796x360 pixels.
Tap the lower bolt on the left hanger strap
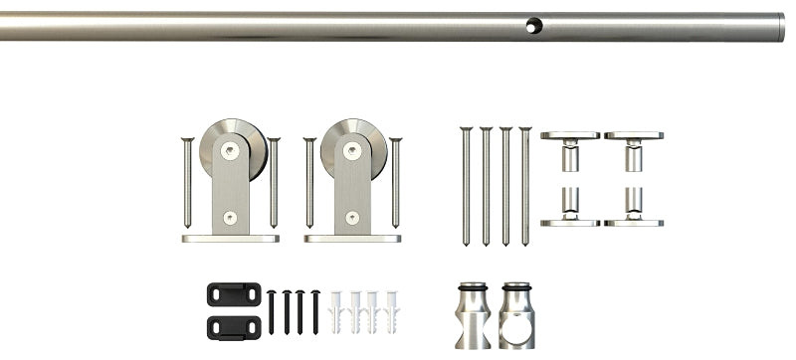231,214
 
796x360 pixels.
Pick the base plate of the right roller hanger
352,239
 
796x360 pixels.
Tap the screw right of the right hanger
396,183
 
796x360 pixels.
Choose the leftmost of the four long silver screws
463,185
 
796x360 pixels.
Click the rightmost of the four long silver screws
524,185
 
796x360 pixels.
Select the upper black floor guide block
234,295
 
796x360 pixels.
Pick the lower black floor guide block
234,324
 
